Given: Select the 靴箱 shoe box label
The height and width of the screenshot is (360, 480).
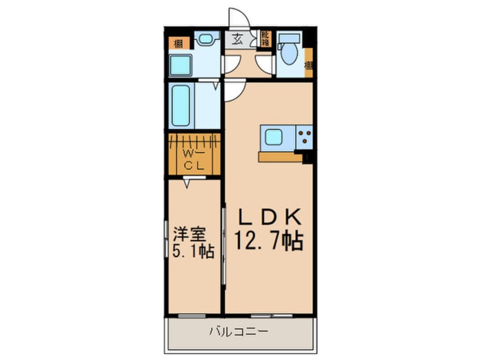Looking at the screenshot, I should pos(265,39).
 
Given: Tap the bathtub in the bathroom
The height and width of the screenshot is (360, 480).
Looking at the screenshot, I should pos(181,106).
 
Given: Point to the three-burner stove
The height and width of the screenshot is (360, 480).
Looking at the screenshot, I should pos(304,137).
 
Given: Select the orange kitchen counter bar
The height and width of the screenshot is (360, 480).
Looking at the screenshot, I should pos(280,156).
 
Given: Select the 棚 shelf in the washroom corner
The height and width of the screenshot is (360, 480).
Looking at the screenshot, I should pos(178,42).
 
